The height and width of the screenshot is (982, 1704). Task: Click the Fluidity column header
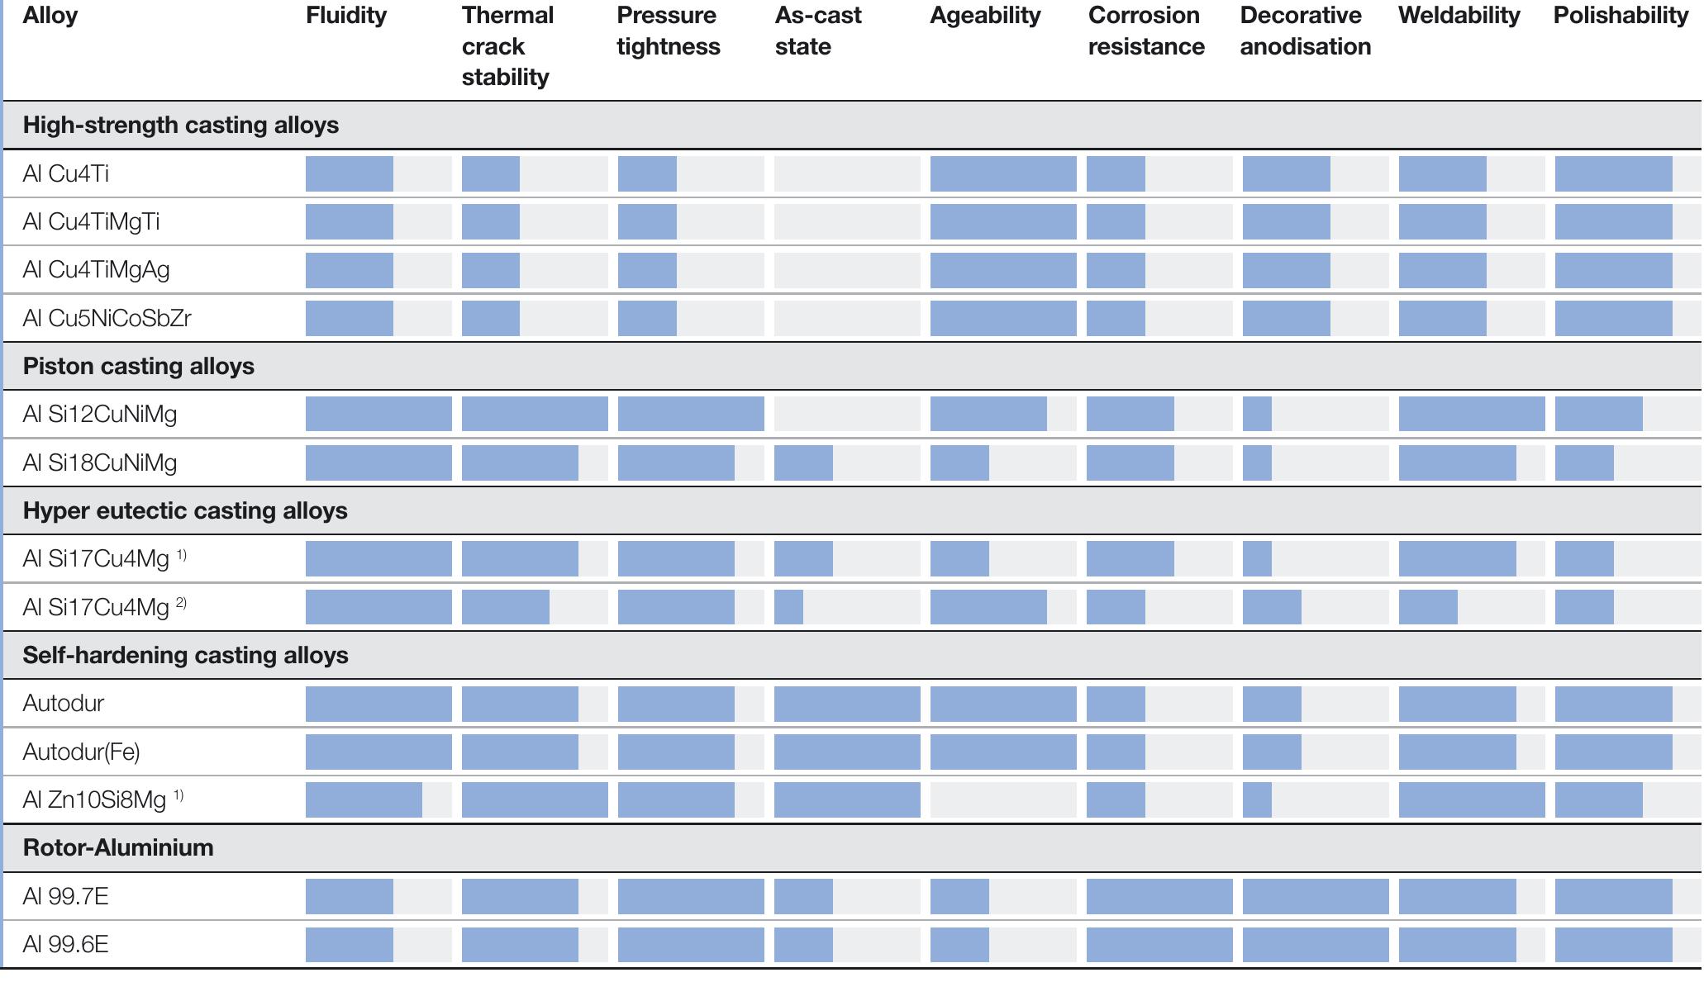coord(346,16)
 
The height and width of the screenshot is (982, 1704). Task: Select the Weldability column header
coord(1459,16)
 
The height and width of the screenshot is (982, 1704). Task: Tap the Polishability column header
coord(1620,16)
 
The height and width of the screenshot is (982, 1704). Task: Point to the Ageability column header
coord(985,16)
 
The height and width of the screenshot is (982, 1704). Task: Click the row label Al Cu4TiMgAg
coord(96,270)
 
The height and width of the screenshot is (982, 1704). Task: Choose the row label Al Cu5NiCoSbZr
coord(107,318)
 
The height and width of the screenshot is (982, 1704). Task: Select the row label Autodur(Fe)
coord(81,752)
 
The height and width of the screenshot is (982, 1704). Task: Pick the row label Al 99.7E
coord(65,896)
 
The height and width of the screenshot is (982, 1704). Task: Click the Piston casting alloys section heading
coord(138,366)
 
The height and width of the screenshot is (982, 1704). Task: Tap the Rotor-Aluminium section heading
coord(118,847)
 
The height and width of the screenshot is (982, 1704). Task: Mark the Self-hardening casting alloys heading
coord(185,655)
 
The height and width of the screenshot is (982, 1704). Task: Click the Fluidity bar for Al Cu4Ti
coord(350,173)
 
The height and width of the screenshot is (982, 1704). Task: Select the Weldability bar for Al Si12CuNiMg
coord(1471,414)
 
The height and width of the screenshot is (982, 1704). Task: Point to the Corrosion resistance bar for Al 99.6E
coord(1159,944)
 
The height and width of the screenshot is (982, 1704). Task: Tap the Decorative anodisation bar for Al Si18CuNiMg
coord(1257,463)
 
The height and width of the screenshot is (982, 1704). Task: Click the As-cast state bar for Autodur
coord(846,704)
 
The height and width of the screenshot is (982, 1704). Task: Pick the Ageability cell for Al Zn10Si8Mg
coord(1002,799)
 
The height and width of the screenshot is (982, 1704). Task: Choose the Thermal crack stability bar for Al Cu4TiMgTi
coord(491,221)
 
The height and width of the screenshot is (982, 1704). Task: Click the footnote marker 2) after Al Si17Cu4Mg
coord(181,604)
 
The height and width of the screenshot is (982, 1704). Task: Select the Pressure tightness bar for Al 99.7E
coord(690,896)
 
